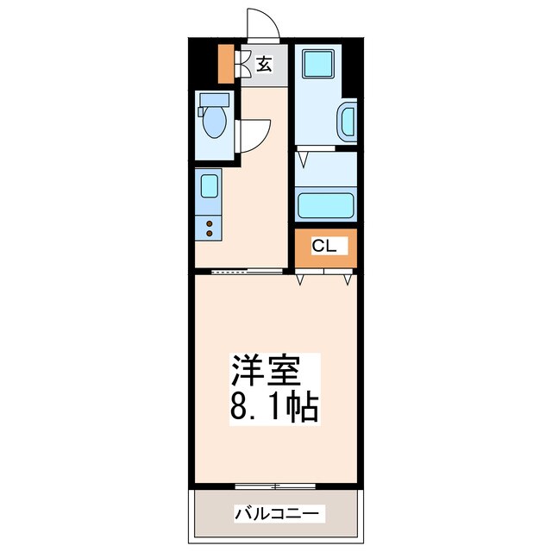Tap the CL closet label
(324, 246)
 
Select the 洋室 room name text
(266, 372)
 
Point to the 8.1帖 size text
(274, 408)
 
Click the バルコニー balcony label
(277, 514)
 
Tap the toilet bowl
(215, 122)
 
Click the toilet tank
(215, 100)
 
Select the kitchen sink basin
(209, 186)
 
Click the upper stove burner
(209, 223)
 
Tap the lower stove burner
(209, 233)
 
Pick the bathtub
(326, 205)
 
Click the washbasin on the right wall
(348, 122)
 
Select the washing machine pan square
(318, 64)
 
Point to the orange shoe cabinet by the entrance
(226, 64)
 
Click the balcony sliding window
(275, 486)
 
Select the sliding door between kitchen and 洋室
(248, 271)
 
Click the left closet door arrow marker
(300, 279)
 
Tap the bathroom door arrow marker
(303, 159)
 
